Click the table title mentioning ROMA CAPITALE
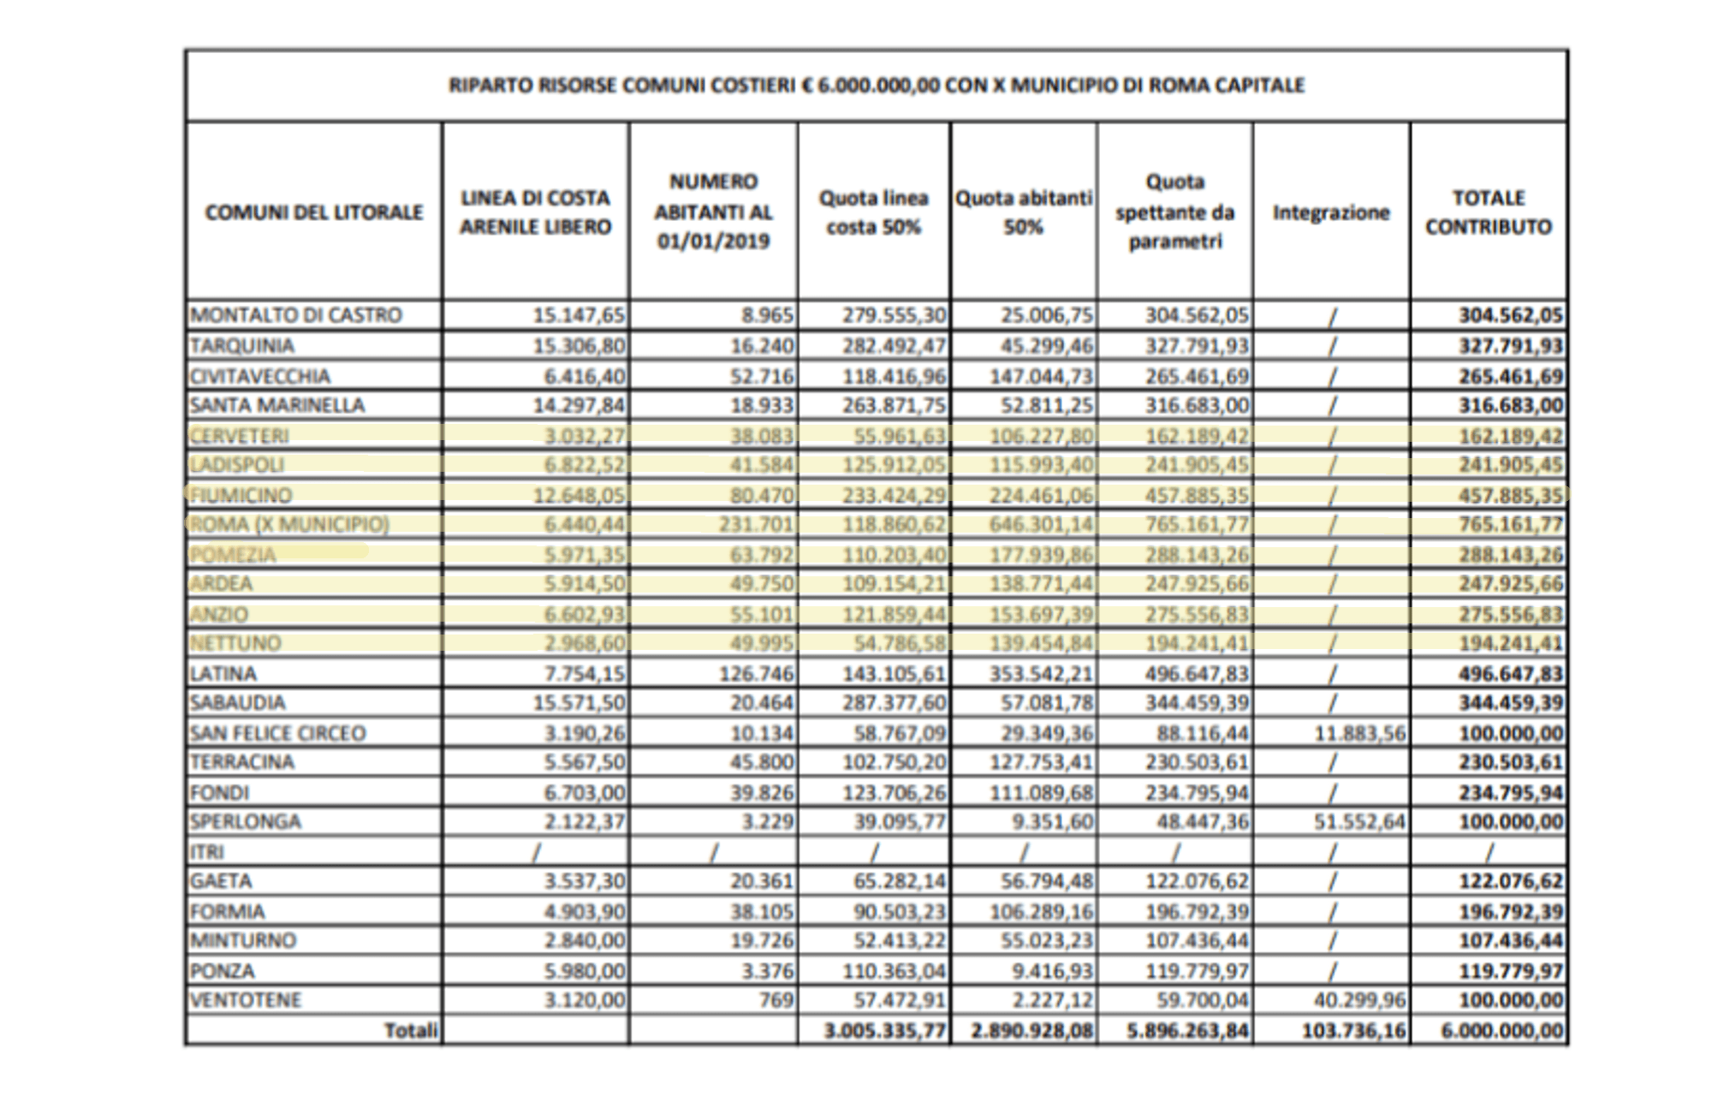coord(877,86)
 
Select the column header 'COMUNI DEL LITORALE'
coord(314,212)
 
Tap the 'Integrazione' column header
coord(1331,212)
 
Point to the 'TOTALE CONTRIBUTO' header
coord(1489,212)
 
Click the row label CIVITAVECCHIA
coord(260,376)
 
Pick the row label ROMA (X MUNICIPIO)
coord(289,524)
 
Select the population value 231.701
coord(756,524)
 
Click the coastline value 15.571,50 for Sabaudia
coord(585,703)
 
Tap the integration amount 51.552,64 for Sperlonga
coord(1359,822)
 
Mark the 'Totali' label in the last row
coord(411,1031)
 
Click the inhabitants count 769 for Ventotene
coord(776,1000)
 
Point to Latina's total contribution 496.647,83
coord(1511,674)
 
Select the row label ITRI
coord(206,852)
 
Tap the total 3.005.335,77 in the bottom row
coord(885,1031)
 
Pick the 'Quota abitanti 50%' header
coord(1024,212)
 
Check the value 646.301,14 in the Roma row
coord(1041,524)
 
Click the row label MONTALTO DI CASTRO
coord(296,315)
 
